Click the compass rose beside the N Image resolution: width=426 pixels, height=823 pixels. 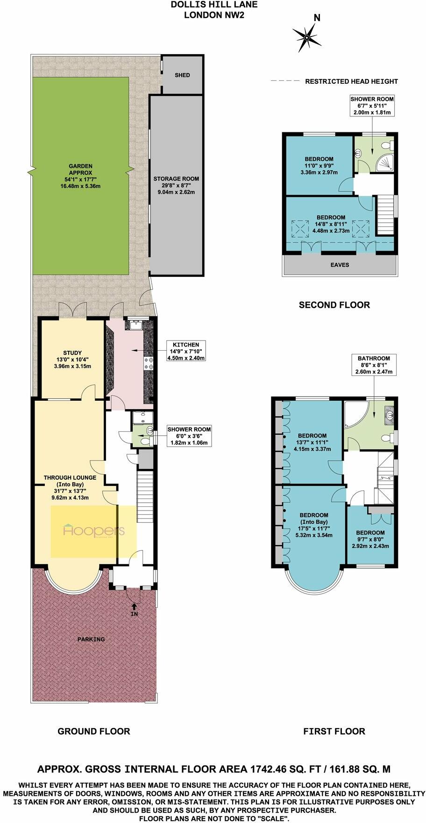point(307,37)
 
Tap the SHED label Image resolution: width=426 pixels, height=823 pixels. point(182,75)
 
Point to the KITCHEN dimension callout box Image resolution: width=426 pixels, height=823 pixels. point(185,351)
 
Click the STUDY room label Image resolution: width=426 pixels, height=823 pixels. point(72,353)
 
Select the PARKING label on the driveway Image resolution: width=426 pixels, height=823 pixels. point(91,639)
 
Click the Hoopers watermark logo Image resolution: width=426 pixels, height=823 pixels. point(93,531)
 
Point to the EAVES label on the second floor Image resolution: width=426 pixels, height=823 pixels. point(340,265)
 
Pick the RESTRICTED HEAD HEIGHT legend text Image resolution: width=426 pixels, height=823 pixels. point(351,81)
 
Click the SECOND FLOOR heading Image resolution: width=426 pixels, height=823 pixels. point(334,305)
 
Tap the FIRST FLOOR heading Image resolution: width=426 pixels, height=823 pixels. point(334,731)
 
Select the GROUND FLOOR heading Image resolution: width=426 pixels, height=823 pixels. point(93,731)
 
